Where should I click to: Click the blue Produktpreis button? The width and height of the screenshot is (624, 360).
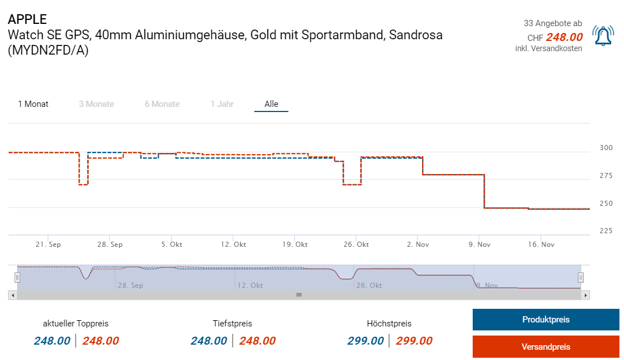point(546,320)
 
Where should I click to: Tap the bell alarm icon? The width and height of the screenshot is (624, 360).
point(602,36)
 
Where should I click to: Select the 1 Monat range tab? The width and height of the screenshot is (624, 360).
point(33,104)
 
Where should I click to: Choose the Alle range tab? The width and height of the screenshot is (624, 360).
point(271,104)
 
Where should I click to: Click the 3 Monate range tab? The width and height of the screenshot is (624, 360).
point(96,104)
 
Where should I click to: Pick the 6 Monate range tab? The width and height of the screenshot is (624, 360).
point(162,104)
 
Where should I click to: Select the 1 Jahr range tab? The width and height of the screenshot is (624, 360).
point(222,104)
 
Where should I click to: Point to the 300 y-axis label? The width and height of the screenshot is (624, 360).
point(606,148)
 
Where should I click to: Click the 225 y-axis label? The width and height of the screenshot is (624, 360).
point(606,230)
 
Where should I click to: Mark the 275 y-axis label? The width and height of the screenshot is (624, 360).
point(606,176)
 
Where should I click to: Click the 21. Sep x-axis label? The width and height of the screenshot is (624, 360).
point(48,245)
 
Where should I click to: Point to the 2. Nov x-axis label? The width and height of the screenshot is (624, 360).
point(418,245)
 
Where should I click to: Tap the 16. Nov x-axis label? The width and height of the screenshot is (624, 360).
point(541,245)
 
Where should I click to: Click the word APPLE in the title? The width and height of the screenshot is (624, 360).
point(27,20)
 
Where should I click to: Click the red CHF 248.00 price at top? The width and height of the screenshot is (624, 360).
point(564,38)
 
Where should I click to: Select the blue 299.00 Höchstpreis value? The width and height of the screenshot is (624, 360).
point(365,341)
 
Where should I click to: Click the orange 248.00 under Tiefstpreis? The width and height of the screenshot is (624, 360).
point(257,341)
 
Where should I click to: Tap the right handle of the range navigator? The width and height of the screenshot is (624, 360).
point(581,277)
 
